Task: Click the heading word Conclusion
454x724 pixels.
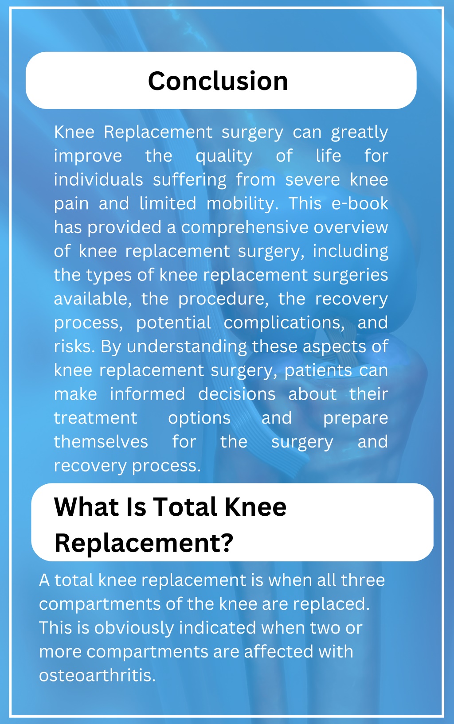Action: click(x=218, y=81)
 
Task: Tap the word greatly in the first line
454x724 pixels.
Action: click(x=359, y=132)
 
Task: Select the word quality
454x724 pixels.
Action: click(x=223, y=156)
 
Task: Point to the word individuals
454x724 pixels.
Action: click(x=98, y=180)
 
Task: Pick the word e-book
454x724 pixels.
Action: click(x=360, y=203)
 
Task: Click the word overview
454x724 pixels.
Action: click(x=351, y=227)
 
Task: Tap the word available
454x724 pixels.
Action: click(x=92, y=299)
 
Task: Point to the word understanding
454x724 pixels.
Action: click(x=187, y=347)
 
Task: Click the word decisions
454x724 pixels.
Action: click(x=237, y=394)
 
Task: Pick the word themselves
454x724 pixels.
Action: click(x=101, y=442)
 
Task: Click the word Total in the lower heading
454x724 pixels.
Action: click(x=186, y=507)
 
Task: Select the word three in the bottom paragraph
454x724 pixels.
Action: click(x=363, y=580)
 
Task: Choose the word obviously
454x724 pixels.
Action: click(x=133, y=628)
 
